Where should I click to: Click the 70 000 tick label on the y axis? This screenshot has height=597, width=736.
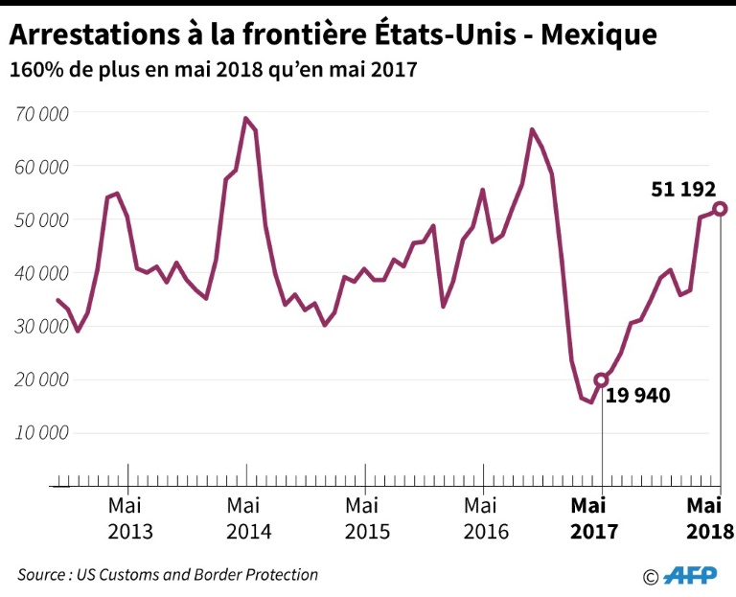tap(42, 114)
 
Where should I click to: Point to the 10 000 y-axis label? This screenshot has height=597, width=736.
tap(42, 432)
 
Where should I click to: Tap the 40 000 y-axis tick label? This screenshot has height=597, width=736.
tap(42, 273)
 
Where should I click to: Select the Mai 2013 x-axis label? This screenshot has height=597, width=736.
tap(129, 518)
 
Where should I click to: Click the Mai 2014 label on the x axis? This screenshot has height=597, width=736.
tap(247, 518)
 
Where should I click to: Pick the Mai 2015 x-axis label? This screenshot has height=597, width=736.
tap(366, 518)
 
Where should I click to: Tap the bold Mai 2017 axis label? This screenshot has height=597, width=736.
tap(596, 518)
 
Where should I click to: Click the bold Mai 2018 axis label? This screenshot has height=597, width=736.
tap(710, 518)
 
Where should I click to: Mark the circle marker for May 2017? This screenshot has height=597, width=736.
tap(602, 379)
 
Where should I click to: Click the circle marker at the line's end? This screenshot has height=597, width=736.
tap(720, 209)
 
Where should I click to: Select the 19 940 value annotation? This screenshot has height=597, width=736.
tap(637, 395)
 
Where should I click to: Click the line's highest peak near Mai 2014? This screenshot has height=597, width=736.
tap(245, 119)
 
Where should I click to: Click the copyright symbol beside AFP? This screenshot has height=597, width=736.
tap(651, 577)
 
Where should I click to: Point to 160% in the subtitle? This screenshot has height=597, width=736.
tap(34, 70)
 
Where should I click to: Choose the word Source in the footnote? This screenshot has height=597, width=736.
tap(42, 575)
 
